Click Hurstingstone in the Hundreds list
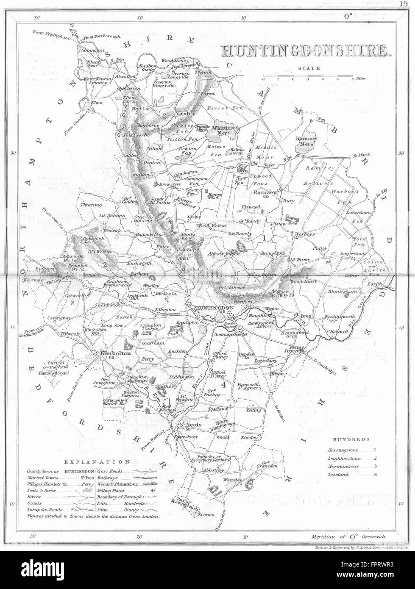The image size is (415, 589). click(x=343, y=450)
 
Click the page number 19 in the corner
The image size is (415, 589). click(x=403, y=3)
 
